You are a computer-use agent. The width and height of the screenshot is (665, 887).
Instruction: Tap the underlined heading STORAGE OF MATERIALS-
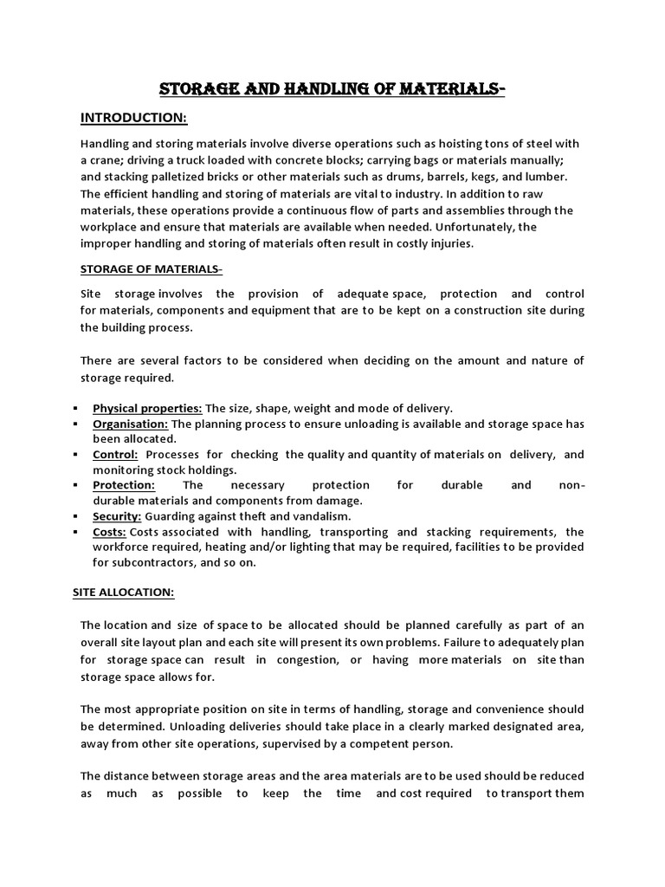point(152,269)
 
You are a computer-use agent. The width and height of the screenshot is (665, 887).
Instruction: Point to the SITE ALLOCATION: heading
point(122,592)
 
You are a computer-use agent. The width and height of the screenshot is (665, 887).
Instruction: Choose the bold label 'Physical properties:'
point(147,408)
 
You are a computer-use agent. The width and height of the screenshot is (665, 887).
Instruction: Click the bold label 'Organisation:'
point(131,424)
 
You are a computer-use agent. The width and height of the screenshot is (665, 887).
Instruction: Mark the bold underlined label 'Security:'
point(117,515)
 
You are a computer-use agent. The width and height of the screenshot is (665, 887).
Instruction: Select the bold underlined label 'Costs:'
point(110,531)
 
